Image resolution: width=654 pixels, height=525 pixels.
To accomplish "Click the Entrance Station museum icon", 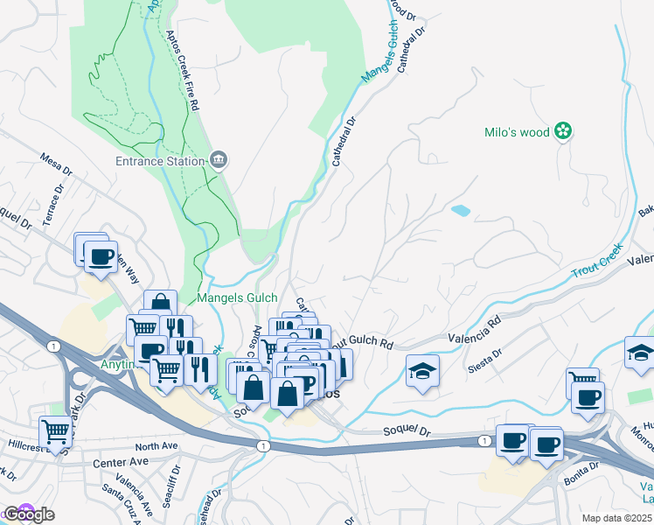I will click(x=219, y=159).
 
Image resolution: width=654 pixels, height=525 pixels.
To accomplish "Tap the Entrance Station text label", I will click(x=161, y=160).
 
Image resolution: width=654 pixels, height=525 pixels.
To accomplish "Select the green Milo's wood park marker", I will click(x=564, y=132).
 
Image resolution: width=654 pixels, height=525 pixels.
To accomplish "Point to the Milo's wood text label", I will click(x=517, y=133).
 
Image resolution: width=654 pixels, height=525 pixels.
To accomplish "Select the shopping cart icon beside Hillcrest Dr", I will click(x=55, y=431).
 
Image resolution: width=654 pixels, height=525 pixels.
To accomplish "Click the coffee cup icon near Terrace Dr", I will click(x=100, y=256).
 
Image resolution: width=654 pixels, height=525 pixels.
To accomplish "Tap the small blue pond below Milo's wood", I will click(x=458, y=211).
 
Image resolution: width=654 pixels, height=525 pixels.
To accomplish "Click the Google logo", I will click(x=28, y=514).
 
